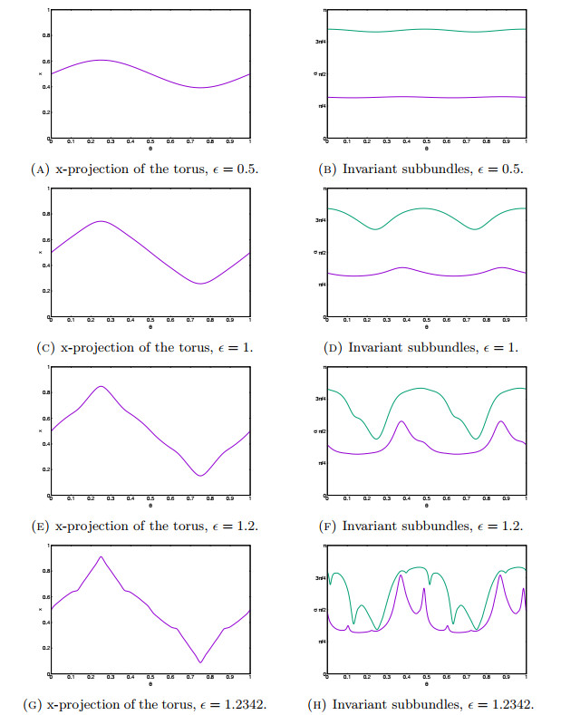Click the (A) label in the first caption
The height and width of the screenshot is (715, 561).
point(43,169)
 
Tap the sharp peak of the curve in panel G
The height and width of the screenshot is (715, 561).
point(101,556)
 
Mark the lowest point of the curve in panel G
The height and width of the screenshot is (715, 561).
point(200,662)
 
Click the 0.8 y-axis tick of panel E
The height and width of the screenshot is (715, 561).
point(43,391)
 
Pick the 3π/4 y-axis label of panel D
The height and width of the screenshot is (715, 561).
point(320,220)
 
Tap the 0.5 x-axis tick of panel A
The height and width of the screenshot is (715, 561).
point(150,143)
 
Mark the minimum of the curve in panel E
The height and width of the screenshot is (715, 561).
point(200,476)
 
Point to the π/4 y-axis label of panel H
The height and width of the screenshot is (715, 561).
point(321,643)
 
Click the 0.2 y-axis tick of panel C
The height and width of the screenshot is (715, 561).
point(43,291)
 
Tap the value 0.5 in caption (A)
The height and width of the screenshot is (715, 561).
point(237,169)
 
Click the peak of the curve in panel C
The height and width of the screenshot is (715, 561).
point(101,221)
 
